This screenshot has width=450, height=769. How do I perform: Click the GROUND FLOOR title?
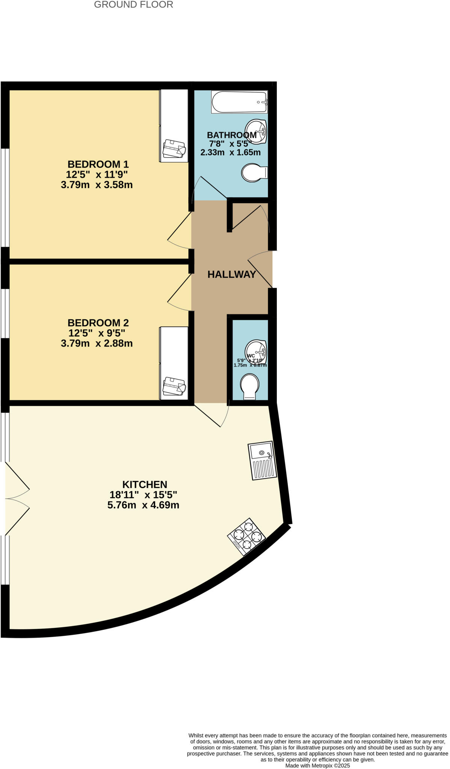point(133,5)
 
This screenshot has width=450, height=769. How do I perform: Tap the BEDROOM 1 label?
point(98,164)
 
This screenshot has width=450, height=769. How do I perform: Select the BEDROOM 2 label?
point(98,323)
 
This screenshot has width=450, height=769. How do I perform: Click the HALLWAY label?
point(232,274)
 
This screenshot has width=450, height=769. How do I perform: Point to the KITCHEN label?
point(145,484)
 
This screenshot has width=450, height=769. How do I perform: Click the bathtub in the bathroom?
point(239,102)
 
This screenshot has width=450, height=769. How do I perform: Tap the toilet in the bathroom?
point(254,173)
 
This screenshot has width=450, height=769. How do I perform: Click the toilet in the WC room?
point(250,386)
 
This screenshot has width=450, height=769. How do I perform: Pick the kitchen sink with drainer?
point(263,460)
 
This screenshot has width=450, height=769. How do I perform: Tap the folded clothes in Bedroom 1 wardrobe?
point(174,149)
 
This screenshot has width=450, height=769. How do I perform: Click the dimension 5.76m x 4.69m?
point(143,505)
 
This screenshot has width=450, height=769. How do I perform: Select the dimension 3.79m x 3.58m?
point(97,185)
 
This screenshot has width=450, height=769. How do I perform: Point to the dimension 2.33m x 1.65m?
point(230,152)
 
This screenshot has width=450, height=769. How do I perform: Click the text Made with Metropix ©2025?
point(317,765)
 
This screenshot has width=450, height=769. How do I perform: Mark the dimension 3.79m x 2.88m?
point(97,343)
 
